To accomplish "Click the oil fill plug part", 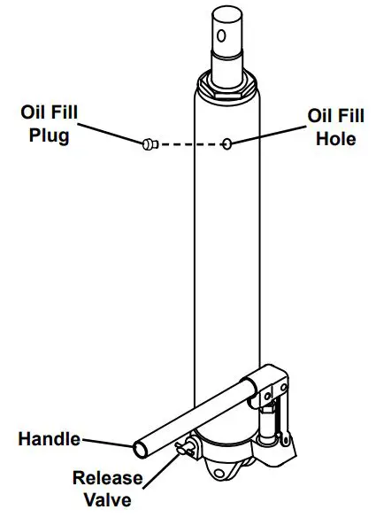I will coord(148,143).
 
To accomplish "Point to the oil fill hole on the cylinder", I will coord(227,143).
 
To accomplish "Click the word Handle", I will coord(49,438).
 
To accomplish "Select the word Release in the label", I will coord(107,479).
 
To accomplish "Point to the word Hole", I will coord(334,139).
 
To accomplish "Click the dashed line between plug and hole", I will coord(189,143).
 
